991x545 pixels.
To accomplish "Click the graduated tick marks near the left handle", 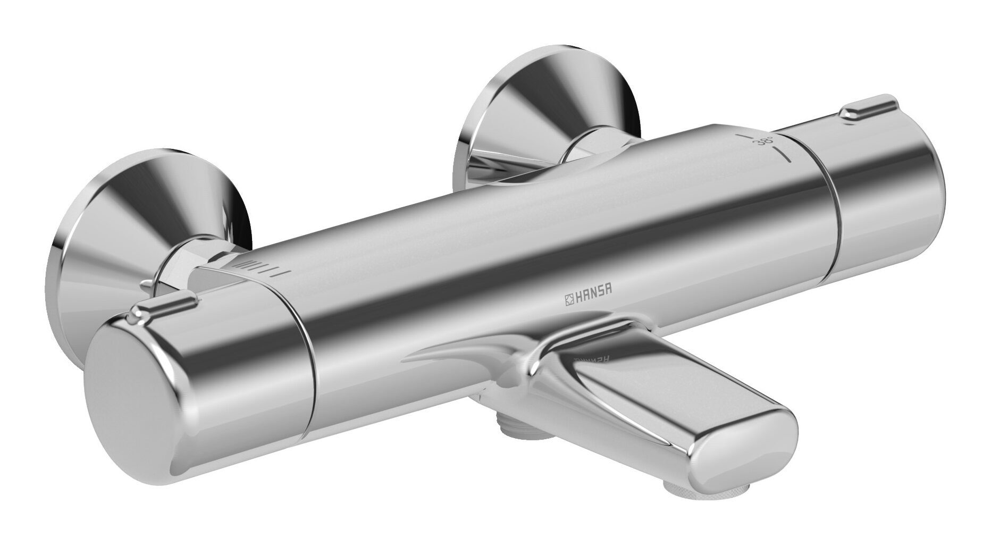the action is click(264, 268).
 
